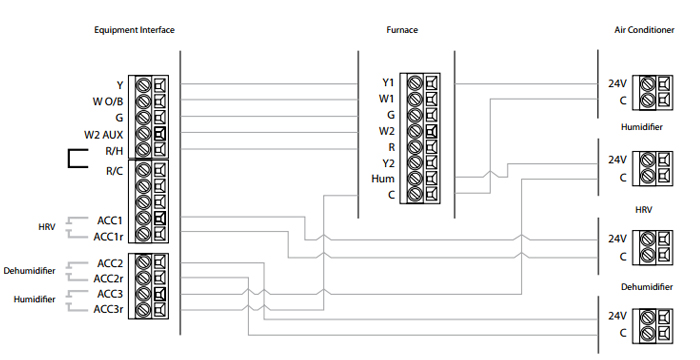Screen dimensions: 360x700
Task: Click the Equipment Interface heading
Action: tap(134, 30)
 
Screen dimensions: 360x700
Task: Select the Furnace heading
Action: tap(403, 30)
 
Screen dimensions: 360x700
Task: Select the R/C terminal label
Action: tap(114, 171)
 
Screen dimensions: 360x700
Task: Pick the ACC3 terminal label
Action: tap(109, 294)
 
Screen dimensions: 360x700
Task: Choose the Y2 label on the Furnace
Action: tap(388, 163)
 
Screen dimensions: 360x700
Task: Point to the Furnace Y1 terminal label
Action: tap(388, 82)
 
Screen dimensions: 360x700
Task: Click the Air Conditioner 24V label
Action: tap(617, 84)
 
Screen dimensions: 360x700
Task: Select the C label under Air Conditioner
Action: tap(622, 101)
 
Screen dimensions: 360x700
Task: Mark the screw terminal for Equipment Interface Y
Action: tap(144, 85)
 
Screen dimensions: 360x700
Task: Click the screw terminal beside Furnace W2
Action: tap(415, 131)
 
